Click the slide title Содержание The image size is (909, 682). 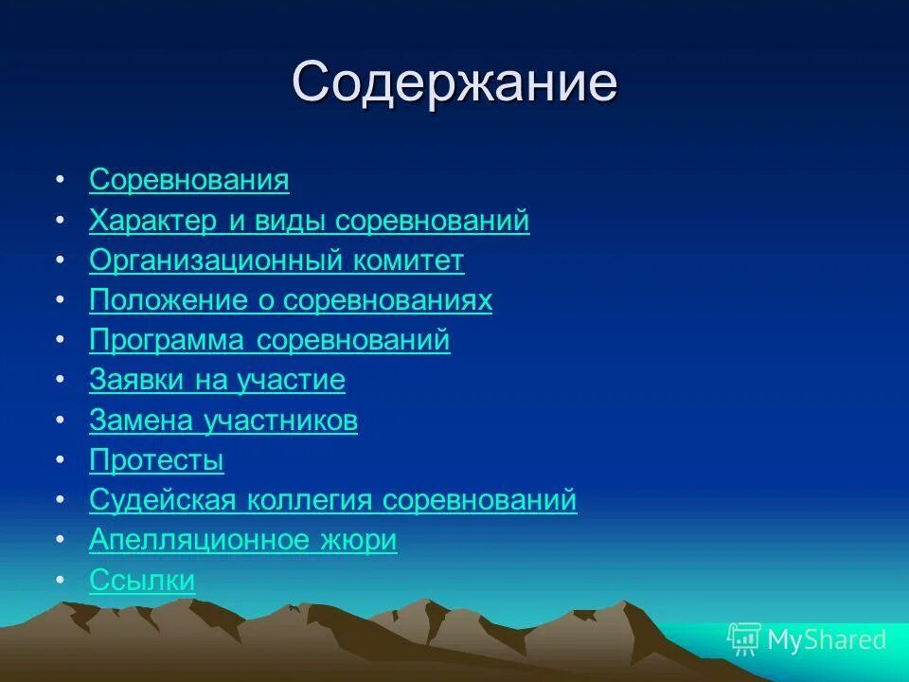pos(454,83)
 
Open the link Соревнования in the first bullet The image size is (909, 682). pos(189,180)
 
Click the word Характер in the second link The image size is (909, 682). pos(153,221)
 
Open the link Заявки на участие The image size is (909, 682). pos(217,381)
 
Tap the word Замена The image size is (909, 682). pos(142,421)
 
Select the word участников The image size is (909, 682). pos(281,421)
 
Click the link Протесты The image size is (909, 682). pos(156,461)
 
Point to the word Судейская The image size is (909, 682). pos(165,500)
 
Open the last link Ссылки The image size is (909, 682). pos(142,580)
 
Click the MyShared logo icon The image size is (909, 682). pos(743,639)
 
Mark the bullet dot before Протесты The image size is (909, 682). pos(61,460)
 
